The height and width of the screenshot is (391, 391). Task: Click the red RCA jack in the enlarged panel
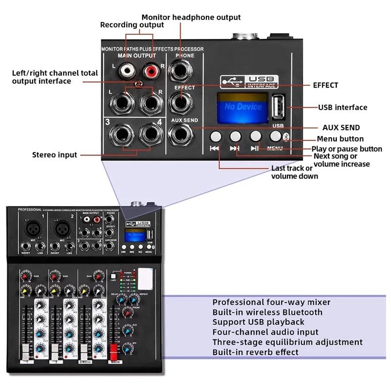(150, 71)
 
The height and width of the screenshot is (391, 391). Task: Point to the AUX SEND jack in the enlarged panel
(179, 133)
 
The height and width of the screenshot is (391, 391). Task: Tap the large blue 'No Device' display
(243, 106)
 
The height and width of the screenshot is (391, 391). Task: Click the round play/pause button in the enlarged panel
(256, 136)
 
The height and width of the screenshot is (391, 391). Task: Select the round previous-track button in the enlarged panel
(216, 136)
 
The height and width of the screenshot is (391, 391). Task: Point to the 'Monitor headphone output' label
(191, 17)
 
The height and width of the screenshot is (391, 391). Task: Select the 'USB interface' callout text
(342, 107)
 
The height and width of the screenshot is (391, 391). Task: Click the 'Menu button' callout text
(341, 139)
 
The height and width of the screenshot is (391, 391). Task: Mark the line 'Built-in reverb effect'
(255, 352)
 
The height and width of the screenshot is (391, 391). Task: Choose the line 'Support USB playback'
(258, 322)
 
